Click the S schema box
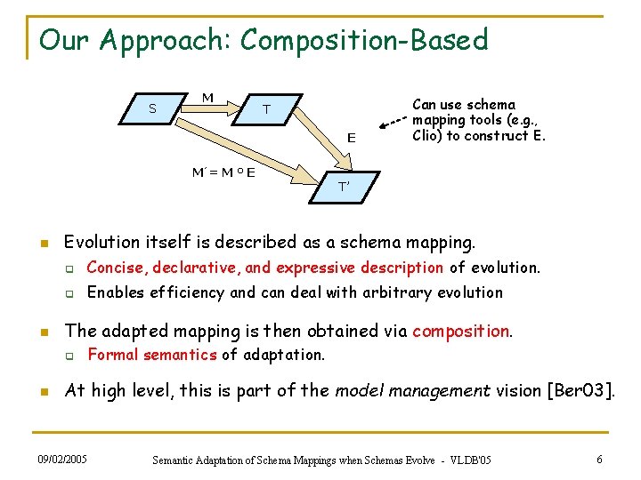pos(154,109)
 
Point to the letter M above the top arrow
pos(207,97)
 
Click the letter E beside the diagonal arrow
pos(352,138)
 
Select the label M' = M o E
pos(223,172)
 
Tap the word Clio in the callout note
pos(426,136)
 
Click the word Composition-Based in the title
pos(364,40)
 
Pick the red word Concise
pos(118,268)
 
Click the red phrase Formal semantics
pos(151,355)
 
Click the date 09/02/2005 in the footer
pos(64,459)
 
